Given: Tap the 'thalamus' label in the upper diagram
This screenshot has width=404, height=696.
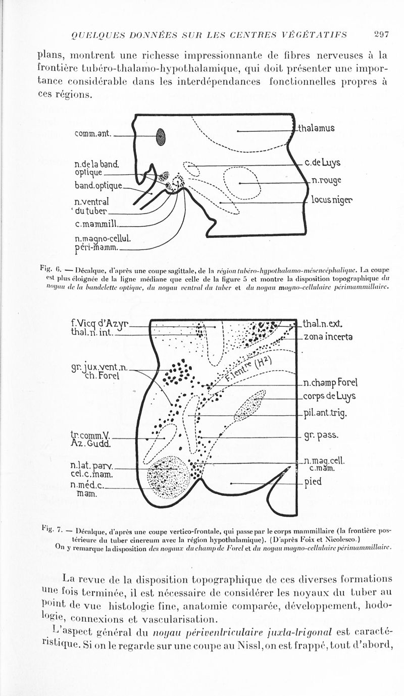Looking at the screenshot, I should (x=316, y=128).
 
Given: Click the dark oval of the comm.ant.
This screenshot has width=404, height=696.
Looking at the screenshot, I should (x=161, y=136).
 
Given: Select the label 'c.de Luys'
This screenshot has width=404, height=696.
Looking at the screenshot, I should (x=323, y=163).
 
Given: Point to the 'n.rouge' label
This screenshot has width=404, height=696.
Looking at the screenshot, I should (x=326, y=180).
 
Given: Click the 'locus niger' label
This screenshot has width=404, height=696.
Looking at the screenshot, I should (x=331, y=200).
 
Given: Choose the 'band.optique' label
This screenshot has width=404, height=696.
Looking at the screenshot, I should (x=98, y=186).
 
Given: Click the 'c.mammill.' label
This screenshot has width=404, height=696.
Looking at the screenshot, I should (x=96, y=223).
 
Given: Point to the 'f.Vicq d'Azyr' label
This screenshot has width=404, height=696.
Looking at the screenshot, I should (x=100, y=322).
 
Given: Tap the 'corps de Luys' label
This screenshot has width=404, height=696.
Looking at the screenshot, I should (x=329, y=396).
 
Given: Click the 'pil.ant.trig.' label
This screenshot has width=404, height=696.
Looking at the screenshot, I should (x=326, y=414).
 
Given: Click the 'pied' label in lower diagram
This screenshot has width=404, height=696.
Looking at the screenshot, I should (x=313, y=482).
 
